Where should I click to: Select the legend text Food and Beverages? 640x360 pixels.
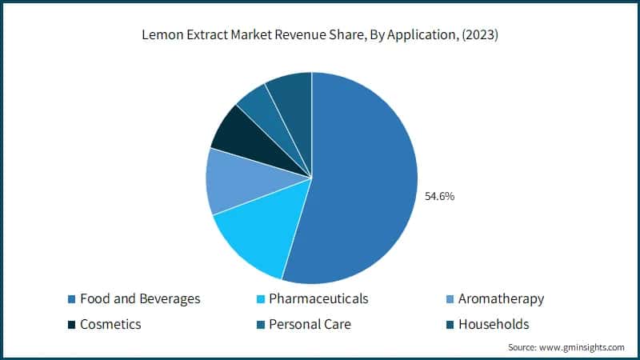[140, 298]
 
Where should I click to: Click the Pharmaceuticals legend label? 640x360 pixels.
[318, 298]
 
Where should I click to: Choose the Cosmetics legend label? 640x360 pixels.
[110, 324]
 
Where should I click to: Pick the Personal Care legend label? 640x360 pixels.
[310, 324]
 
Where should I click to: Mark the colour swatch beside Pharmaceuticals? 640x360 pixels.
[259, 299]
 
